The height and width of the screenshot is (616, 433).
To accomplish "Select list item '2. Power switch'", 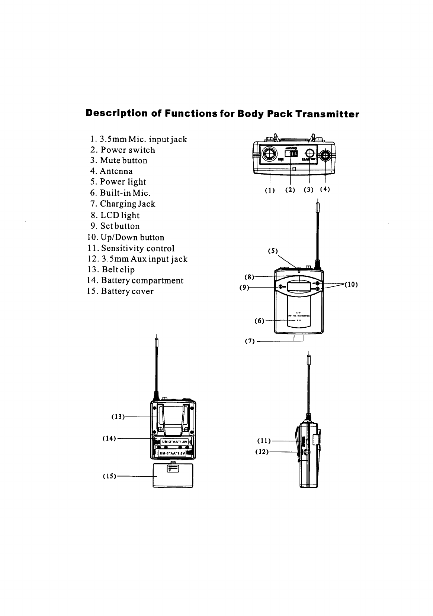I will click(123, 150).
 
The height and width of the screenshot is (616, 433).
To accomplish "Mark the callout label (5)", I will click(273, 251).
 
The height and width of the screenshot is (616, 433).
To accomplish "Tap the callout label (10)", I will click(351, 285).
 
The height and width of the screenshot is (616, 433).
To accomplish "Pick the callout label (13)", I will click(118, 417).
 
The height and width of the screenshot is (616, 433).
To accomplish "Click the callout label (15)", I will click(109, 476).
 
